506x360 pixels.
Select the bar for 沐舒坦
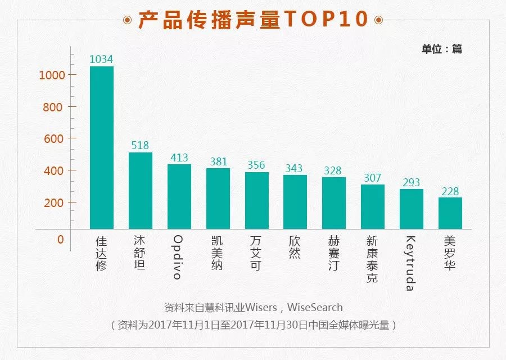pyautogui.click(x=141, y=191)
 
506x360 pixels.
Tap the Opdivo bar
pyautogui.click(x=179, y=196)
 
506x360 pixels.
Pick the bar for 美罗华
pyautogui.click(x=450, y=213)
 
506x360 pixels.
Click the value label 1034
pyautogui.click(x=102, y=59)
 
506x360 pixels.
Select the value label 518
pyautogui.click(x=141, y=146)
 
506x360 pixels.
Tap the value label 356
pyautogui.click(x=256, y=165)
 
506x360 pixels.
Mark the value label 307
pyautogui.click(x=373, y=178)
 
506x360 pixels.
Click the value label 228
pyautogui.click(x=450, y=191)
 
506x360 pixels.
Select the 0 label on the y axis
pyautogui.click(x=60, y=239)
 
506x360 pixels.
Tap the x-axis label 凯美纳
pyautogui.click(x=218, y=253)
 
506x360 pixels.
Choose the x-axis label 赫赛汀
pyautogui.click(x=334, y=253)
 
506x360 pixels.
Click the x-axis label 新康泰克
pyautogui.click(x=373, y=259)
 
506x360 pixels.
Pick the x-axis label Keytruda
pyautogui.click(x=411, y=263)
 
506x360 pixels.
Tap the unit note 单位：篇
pyautogui.click(x=442, y=49)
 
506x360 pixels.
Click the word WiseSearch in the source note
pyautogui.click(x=315, y=308)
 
